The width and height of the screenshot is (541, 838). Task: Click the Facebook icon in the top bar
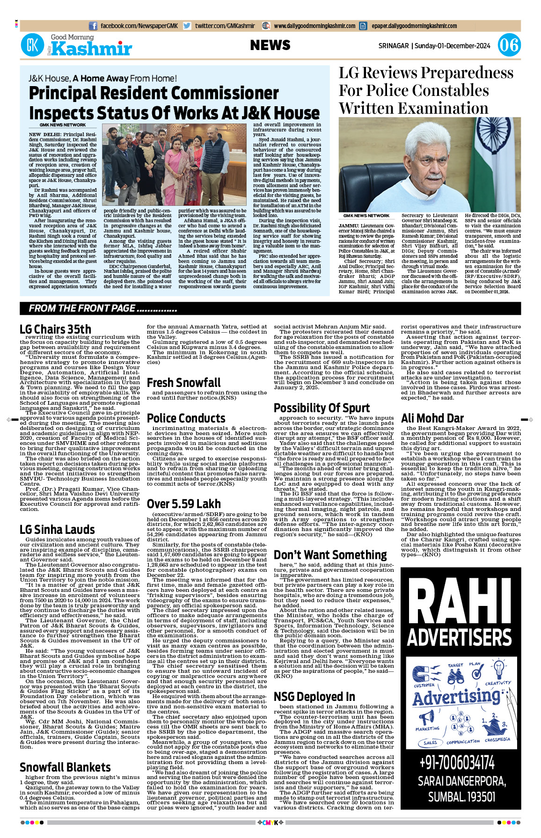click(x=93, y=26)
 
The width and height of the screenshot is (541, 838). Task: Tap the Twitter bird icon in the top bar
click(x=187, y=26)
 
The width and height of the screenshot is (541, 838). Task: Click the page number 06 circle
click(x=509, y=45)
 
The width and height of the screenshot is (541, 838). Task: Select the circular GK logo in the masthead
click(x=32, y=45)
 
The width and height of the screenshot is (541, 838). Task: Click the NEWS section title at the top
click(x=270, y=45)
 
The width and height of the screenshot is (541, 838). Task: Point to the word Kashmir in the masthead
click(x=92, y=49)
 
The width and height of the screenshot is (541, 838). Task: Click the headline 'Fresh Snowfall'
click(x=183, y=383)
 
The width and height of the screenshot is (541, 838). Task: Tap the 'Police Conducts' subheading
click(x=186, y=418)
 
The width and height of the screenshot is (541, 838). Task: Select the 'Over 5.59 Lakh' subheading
click(x=183, y=504)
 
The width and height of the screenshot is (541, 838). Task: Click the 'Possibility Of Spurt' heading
click(x=322, y=408)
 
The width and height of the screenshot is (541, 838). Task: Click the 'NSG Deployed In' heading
click(x=314, y=697)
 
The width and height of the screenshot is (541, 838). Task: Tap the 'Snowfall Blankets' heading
click(x=65, y=767)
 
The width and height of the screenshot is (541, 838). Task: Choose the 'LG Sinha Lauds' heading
click(x=57, y=530)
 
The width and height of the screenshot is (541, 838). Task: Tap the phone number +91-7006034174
click(x=457, y=763)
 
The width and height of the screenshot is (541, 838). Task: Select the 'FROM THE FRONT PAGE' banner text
click(x=102, y=308)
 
